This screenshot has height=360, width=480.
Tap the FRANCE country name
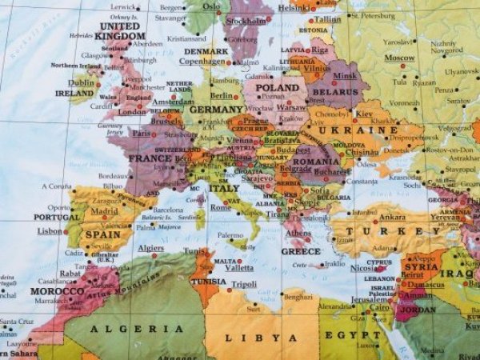pos(150,158)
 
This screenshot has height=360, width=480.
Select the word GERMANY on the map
pos(216,110)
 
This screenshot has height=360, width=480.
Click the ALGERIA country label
pos(137,329)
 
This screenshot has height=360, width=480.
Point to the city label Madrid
pos(104,212)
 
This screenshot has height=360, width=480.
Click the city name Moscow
pos(399,58)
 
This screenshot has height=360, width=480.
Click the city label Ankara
pos(391,217)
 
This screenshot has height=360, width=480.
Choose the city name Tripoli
pos(244,284)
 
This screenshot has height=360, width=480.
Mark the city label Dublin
pos(81,82)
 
